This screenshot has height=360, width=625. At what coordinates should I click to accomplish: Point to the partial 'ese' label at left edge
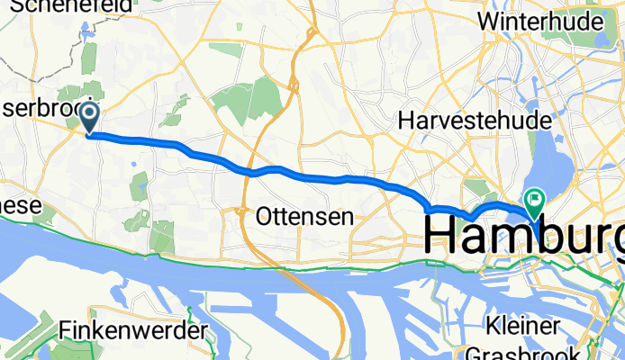point(20,206)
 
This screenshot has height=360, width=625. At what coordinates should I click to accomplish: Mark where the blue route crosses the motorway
point(255,171)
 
